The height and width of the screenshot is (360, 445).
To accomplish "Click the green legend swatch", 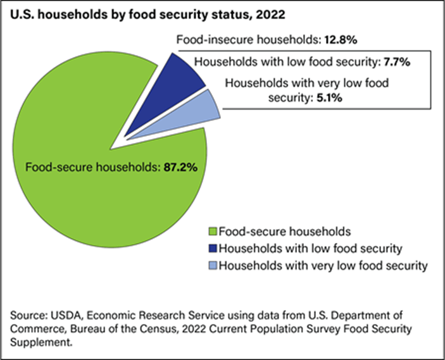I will (x=213, y=232).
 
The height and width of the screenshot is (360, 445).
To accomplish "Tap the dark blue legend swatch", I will (x=213, y=249).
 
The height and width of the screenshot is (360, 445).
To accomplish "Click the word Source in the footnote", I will (x=25, y=314).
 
